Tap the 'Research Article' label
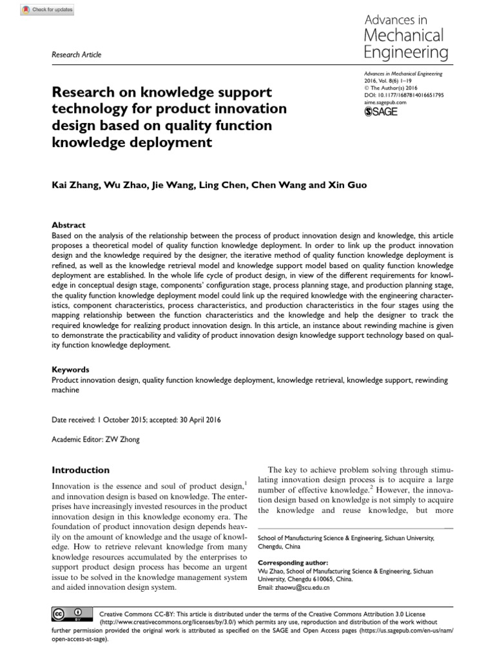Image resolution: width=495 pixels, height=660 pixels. click(x=76, y=55)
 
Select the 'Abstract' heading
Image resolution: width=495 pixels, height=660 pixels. click(x=68, y=225)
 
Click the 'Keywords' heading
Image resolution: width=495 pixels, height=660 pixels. click(x=70, y=370)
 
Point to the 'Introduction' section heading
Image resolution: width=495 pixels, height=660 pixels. click(x=81, y=470)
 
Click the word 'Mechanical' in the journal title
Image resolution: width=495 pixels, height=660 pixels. click(x=404, y=34)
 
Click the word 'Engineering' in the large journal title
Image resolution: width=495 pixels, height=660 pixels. click(x=404, y=52)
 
